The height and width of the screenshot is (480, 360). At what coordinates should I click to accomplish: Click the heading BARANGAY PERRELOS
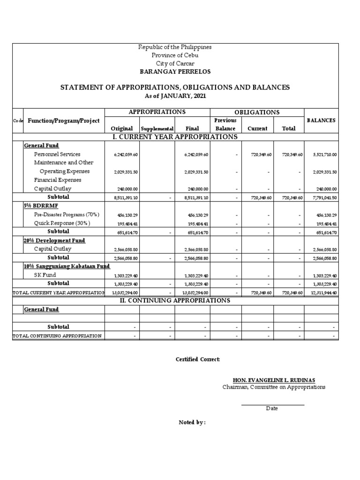click(175, 72)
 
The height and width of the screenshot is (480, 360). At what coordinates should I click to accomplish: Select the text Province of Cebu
click(175, 55)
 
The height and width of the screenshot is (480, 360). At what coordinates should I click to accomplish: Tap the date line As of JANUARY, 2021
click(175, 96)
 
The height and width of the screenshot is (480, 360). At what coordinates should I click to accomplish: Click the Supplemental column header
click(157, 128)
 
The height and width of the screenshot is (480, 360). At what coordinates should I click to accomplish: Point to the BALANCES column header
click(321, 120)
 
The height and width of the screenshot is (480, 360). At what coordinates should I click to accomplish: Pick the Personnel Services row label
click(57, 154)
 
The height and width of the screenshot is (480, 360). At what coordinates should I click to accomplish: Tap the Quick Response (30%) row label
click(62, 223)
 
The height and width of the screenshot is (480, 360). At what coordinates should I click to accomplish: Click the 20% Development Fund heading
click(54, 240)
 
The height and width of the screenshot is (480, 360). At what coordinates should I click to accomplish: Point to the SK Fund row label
click(45, 275)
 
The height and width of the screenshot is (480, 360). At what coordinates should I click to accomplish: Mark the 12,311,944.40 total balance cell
click(321, 292)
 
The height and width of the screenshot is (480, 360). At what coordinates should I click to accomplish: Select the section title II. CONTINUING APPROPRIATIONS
click(175, 301)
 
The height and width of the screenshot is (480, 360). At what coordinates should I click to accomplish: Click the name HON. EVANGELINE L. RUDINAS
click(273, 380)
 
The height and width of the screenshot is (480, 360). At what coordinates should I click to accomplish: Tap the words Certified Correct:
click(197, 360)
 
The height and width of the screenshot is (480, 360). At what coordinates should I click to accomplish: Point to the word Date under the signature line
click(272, 408)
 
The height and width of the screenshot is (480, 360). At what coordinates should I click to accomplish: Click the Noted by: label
click(192, 422)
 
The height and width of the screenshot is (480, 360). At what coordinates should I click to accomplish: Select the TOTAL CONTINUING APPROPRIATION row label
click(57, 336)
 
